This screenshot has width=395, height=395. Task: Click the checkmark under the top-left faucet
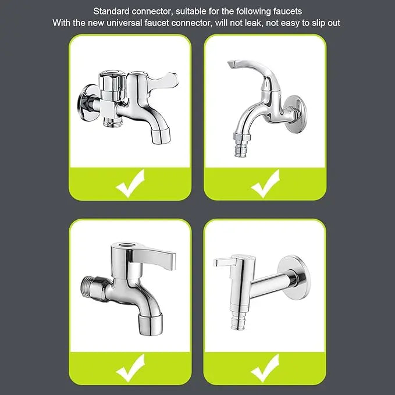pyautogui.click(x=130, y=183)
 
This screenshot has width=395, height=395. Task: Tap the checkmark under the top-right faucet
pyautogui.click(x=265, y=183)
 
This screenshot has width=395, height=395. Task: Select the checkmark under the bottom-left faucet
pyautogui.click(x=130, y=368)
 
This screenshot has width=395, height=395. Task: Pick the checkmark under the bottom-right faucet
pyautogui.click(x=265, y=368)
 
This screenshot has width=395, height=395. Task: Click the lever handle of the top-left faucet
pyautogui.click(x=161, y=80)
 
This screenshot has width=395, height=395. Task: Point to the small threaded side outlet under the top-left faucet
pyautogui.click(x=111, y=122)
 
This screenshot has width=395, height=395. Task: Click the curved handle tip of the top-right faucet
pyautogui.click(x=233, y=64)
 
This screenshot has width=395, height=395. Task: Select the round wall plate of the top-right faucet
pyautogui.click(x=295, y=115)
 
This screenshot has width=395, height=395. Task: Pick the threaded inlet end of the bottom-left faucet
pyautogui.click(x=91, y=288)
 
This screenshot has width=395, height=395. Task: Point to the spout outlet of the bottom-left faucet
pyautogui.click(x=151, y=325)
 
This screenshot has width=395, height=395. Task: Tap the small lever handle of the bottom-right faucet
pyautogui.click(x=225, y=262)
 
